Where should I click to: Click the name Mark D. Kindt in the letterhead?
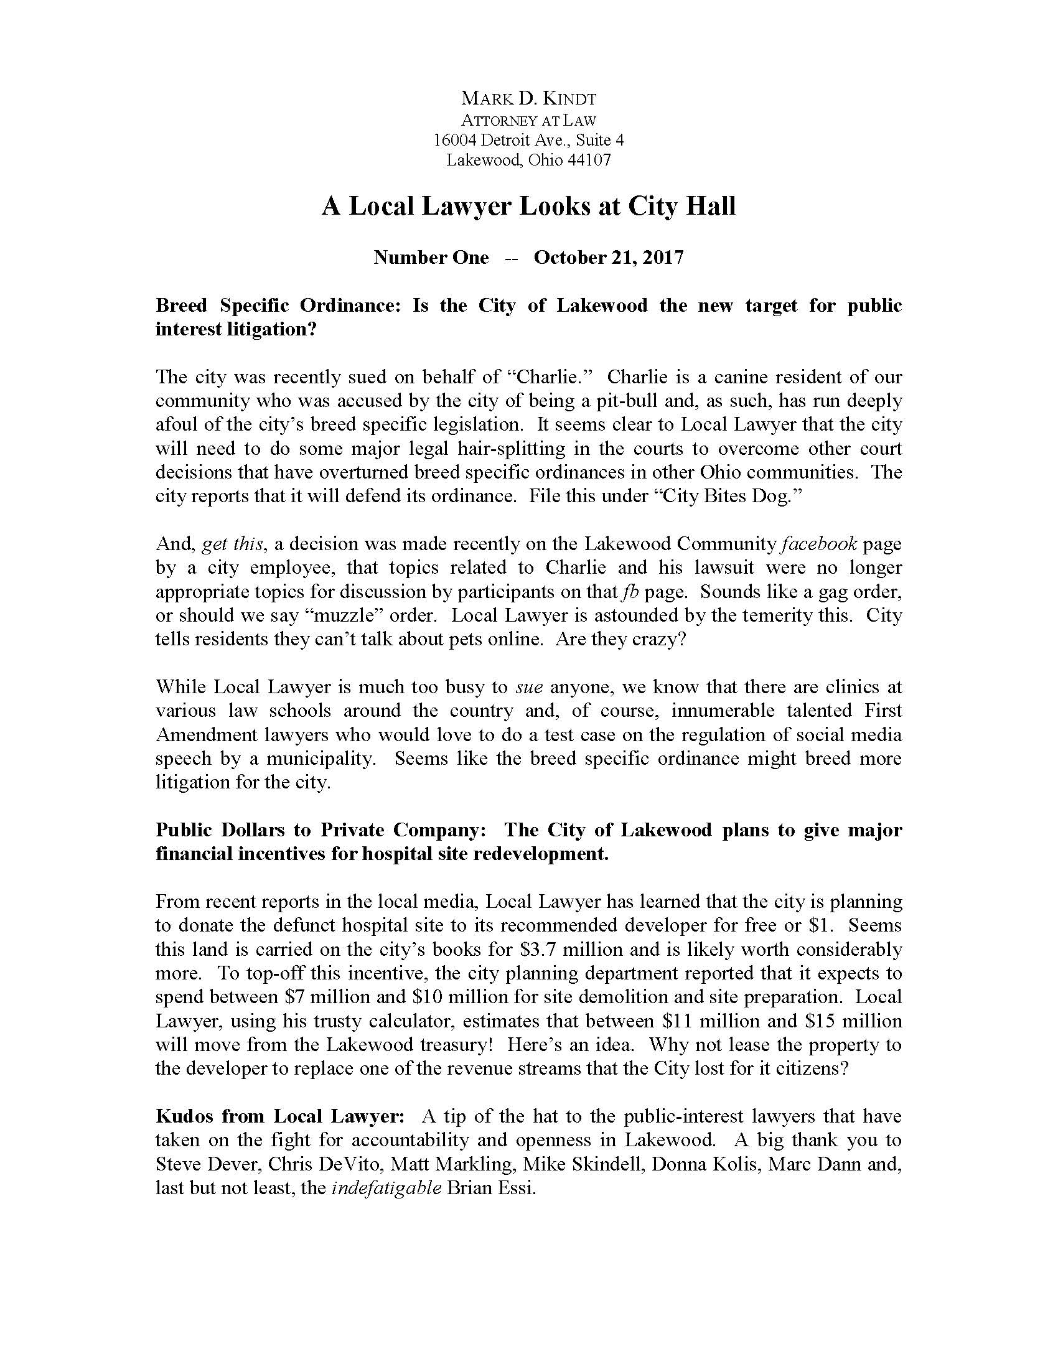point(528,98)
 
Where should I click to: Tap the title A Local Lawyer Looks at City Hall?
point(528,206)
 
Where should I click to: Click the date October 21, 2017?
point(608,258)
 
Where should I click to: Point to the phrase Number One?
point(431,258)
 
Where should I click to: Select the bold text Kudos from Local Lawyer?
point(280,1116)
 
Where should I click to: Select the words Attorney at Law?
point(528,119)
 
